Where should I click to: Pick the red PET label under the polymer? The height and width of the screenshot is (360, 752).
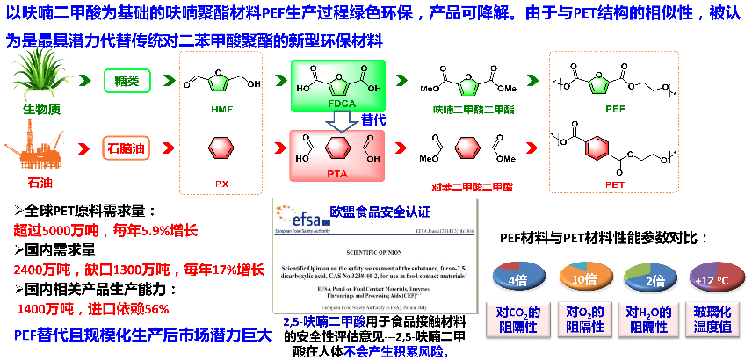coord(615,186)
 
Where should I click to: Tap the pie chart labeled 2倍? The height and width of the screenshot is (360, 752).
coord(649,280)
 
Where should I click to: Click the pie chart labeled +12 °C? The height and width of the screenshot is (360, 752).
coord(715,280)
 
